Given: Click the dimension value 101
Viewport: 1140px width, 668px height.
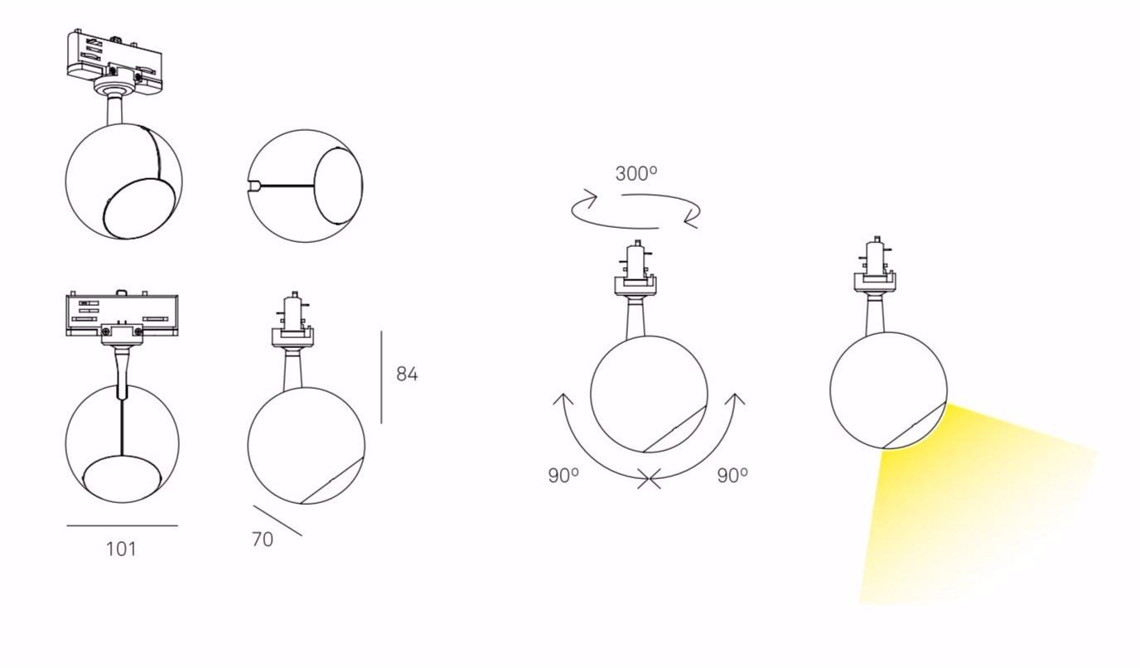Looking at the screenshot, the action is click(121, 549).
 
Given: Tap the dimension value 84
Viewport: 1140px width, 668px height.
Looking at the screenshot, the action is click(407, 375).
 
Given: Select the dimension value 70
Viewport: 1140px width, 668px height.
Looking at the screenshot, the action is click(263, 540).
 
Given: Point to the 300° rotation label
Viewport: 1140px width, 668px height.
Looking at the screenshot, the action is click(636, 173).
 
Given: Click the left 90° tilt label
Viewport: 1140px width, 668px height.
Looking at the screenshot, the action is click(563, 476).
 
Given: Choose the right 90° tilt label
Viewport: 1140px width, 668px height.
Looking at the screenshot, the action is click(732, 476).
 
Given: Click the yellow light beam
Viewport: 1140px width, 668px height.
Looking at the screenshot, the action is click(967, 509).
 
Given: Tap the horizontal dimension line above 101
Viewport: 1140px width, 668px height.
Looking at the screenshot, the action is click(122, 525).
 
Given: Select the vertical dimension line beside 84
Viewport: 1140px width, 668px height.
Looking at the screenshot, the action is click(381, 377).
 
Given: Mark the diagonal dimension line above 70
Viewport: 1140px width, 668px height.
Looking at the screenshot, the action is click(278, 520).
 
